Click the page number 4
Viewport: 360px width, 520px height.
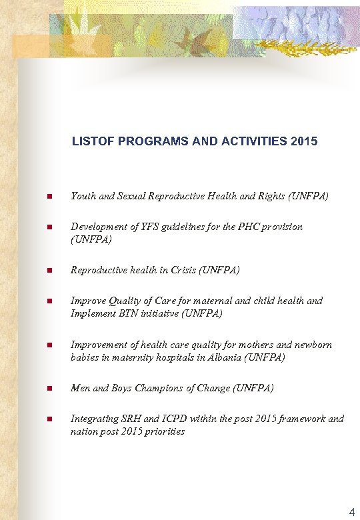tap(352, 512)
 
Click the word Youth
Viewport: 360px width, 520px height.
tap(83, 196)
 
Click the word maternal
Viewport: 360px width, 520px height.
tap(214, 301)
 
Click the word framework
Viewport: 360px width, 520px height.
tap(305, 419)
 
